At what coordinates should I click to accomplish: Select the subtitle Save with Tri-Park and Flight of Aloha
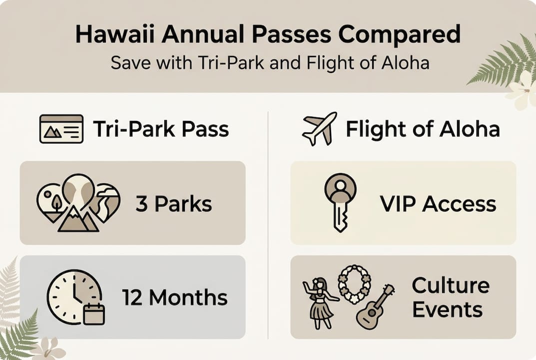[x=270, y=64]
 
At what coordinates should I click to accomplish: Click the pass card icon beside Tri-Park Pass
[x=61, y=129]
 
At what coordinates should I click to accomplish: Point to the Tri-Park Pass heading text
[x=161, y=129]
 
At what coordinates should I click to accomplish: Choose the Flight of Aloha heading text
[x=423, y=129]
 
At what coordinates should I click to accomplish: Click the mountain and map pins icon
[x=78, y=202]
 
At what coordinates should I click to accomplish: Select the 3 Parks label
[x=174, y=204]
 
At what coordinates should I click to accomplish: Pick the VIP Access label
[x=438, y=204]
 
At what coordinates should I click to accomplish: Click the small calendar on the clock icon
[x=94, y=313]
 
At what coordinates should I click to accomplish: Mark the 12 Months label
[x=175, y=298]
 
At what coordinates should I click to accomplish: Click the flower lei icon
[x=354, y=284]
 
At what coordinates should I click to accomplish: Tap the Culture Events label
[x=450, y=297]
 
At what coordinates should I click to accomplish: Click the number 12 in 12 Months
[x=132, y=298]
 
